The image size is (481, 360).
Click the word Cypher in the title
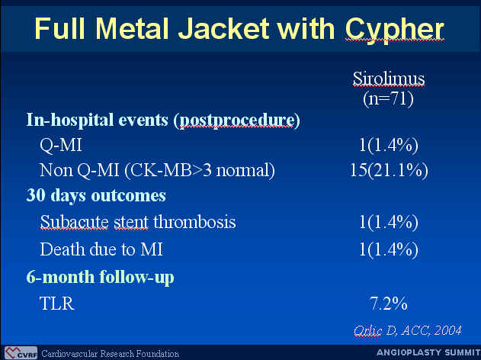(395, 30)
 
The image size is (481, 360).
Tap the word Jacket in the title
(224, 28)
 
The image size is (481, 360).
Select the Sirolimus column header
(389, 79)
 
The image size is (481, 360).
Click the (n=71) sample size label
(388, 99)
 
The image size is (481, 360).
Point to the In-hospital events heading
(163, 120)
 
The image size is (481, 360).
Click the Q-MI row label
(61, 145)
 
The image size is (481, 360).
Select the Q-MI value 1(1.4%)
(389, 145)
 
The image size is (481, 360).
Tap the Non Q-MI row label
(157, 170)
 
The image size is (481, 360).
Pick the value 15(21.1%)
(389, 170)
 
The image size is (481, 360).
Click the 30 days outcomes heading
(96, 195)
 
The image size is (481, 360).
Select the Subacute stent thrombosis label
(138, 222)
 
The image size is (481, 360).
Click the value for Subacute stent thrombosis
(389, 222)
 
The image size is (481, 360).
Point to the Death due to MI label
(101, 249)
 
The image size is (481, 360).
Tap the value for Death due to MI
(389, 249)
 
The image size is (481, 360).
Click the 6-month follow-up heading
(101, 277)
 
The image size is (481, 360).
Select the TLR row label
(57, 304)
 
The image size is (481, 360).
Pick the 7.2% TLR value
(389, 304)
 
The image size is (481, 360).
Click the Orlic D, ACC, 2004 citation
(408, 331)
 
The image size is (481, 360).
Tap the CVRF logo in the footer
(21, 353)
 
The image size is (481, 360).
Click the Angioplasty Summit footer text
(428, 352)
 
